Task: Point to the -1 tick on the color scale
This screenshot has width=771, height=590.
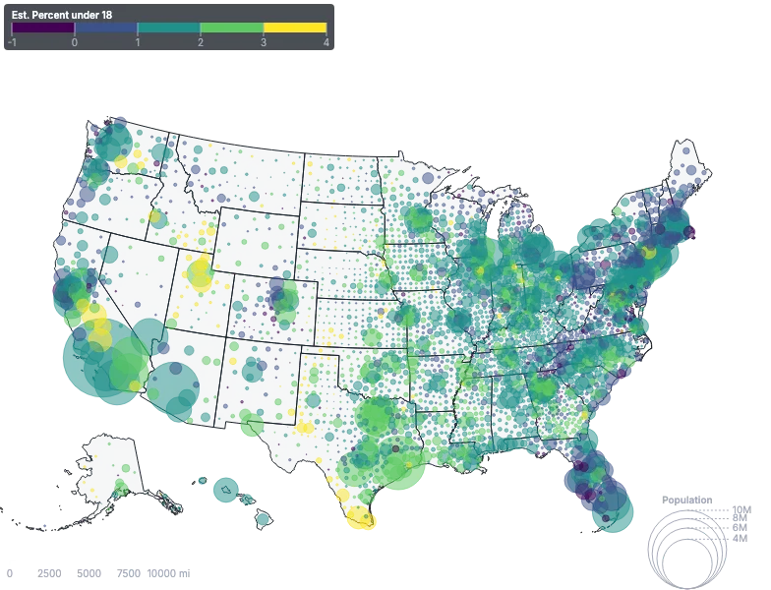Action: (12, 42)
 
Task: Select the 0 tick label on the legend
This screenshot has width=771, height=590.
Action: (75, 42)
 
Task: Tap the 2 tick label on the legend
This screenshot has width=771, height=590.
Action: (200, 42)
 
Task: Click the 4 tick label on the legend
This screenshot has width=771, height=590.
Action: (326, 42)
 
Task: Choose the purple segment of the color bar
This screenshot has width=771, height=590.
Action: (43, 29)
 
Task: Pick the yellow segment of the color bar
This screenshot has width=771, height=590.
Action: (294, 29)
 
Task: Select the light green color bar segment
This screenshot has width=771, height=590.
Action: (231, 29)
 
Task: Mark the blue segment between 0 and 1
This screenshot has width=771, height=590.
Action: (106, 29)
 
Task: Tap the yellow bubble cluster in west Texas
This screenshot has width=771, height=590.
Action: (306, 428)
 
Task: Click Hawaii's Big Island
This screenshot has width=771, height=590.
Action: (264, 518)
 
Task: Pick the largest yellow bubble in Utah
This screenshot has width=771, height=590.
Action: (201, 281)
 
